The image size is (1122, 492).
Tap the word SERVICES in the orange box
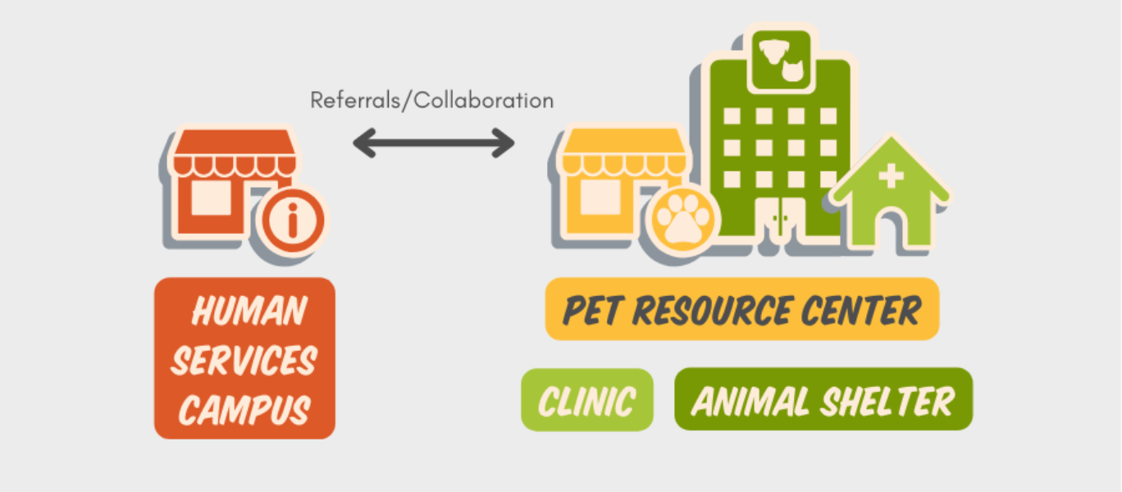[x=244, y=361]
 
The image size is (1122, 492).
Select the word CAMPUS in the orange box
[x=244, y=408]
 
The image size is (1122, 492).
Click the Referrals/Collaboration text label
[x=431, y=101]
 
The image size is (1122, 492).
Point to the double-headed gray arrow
[x=433, y=143]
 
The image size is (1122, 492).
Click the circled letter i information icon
[x=292, y=222]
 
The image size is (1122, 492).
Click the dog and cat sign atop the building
[x=780, y=59]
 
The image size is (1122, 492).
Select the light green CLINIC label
[x=587, y=400]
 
